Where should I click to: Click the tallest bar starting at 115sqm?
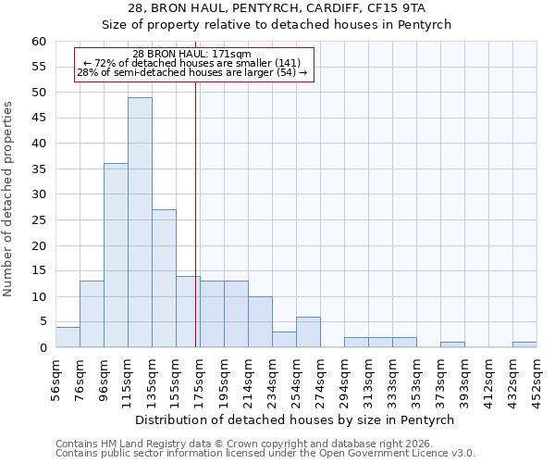click(x=140, y=222)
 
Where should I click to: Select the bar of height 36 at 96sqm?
click(x=116, y=256)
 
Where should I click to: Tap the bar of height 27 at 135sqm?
click(x=164, y=278)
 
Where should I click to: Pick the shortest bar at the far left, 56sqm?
click(x=68, y=337)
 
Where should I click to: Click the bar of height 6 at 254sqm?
click(x=308, y=332)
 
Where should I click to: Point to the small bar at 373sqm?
click(x=452, y=344)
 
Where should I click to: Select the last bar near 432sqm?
click(x=524, y=344)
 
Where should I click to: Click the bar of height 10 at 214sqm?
click(x=260, y=322)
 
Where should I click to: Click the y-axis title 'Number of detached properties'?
click(x=8, y=199)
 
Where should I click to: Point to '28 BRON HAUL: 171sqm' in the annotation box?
click(x=191, y=55)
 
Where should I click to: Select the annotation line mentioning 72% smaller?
click(x=191, y=63)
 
